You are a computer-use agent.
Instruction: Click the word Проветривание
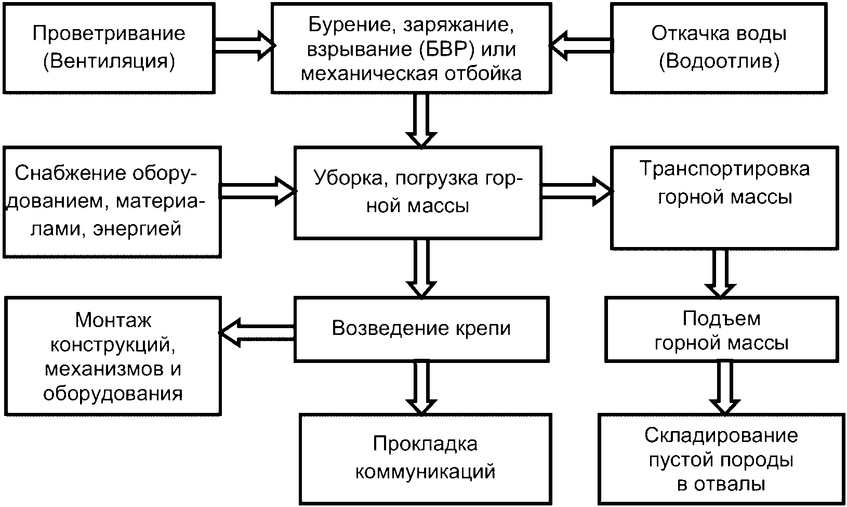tap(109, 34)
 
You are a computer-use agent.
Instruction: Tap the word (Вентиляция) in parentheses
tap(109, 61)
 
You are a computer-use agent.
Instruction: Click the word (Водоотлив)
tap(719, 61)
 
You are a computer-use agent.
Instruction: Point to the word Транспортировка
tap(724, 169)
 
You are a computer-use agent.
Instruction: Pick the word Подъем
tap(721, 319)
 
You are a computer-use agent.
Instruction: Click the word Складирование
tap(721, 435)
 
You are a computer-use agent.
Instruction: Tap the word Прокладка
tap(425, 444)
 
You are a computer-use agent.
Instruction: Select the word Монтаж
tap(113, 320)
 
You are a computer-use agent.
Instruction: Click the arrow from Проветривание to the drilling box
tap(245, 46)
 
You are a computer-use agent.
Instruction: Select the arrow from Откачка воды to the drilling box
tap(580, 46)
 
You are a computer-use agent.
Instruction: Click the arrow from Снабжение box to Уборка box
tap(258, 191)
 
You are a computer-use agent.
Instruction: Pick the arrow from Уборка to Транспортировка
tap(576, 191)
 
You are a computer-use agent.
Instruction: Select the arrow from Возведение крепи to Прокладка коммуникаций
tap(421, 388)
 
